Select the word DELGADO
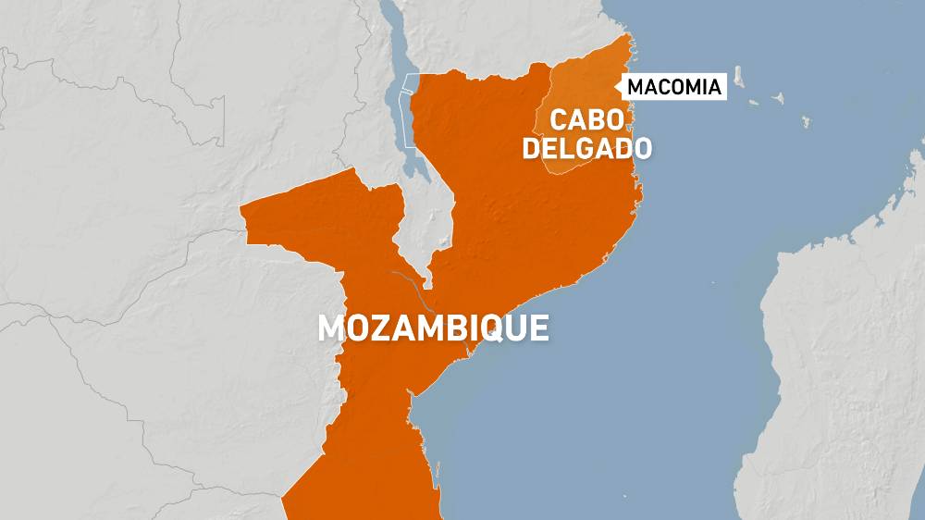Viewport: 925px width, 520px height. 586,148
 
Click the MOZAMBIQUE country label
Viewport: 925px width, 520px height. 433,328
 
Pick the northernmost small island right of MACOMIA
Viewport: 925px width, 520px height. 739,73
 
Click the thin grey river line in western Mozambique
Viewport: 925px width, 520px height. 407,282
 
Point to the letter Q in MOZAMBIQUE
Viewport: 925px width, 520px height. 497,329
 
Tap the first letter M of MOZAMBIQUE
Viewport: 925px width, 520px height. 330,328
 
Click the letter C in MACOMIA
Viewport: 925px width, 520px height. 660,88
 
